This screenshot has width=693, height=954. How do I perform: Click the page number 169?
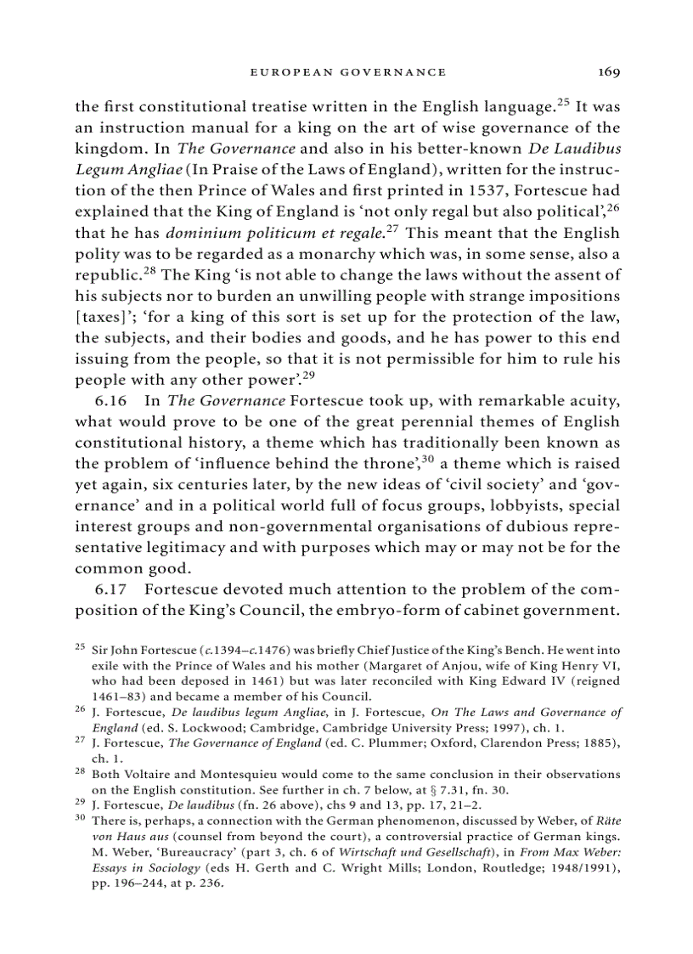[x=608, y=72]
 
